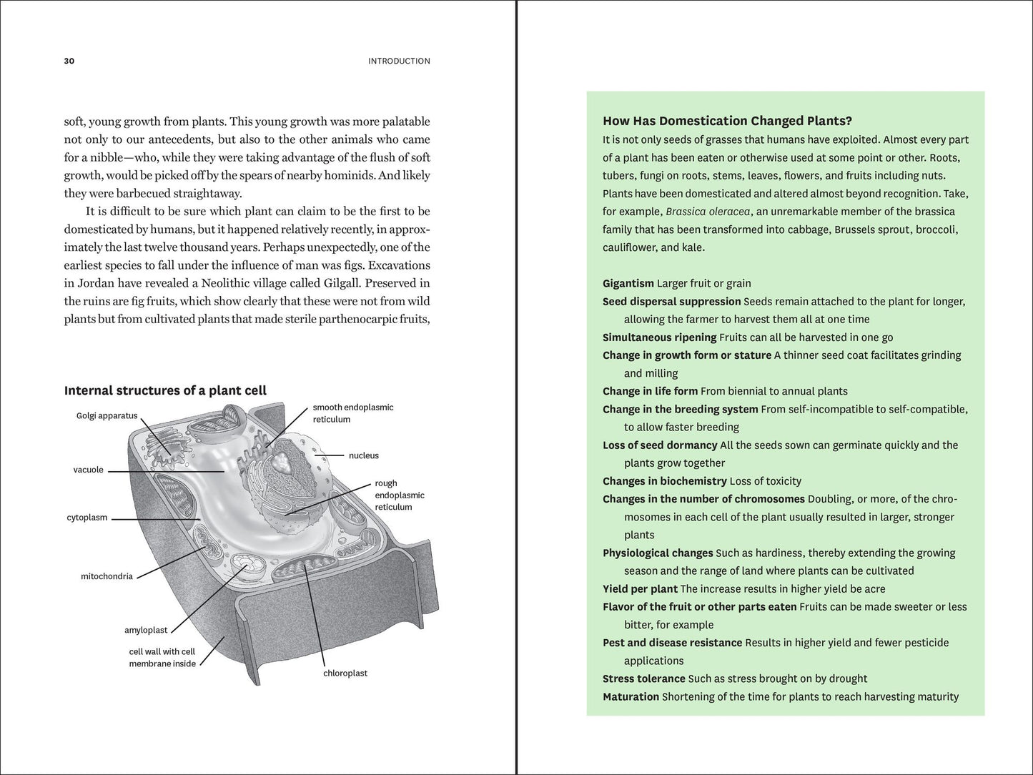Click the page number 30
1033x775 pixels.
pos(69,61)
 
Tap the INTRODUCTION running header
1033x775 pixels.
pos(399,61)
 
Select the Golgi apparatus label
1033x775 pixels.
pos(107,416)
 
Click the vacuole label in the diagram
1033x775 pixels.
pos(88,470)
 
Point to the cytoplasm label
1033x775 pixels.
pos(87,518)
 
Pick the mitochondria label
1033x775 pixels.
pos(107,576)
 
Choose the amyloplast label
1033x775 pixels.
pos(146,630)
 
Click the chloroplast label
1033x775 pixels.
pos(345,673)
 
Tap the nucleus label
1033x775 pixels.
pos(364,455)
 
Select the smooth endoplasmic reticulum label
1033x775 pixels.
pos(353,413)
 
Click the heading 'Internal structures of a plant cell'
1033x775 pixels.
pos(165,390)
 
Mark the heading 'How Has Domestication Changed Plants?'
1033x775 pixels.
pos(727,121)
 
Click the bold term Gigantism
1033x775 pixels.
pos(628,283)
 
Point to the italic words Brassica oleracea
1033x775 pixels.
pos(708,212)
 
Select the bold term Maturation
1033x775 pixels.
pos(631,696)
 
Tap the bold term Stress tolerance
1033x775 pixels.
pos(644,678)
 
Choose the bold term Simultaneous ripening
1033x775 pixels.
pos(659,337)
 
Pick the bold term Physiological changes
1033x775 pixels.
pos(658,553)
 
